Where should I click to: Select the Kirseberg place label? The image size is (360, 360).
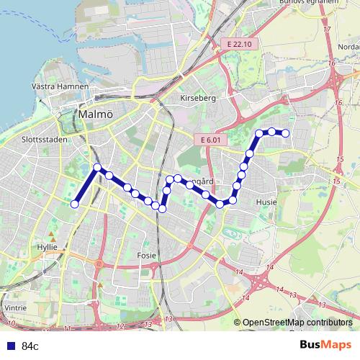pyautogui.click(x=199, y=96)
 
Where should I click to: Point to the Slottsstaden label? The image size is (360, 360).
pyautogui.click(x=45, y=140)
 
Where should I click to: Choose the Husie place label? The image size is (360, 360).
pyautogui.click(x=266, y=203)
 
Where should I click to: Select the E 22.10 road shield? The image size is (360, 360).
pyautogui.click(x=237, y=45)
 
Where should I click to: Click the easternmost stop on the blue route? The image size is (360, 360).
pyautogui.click(x=286, y=132)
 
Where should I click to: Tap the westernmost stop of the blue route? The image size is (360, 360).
pyautogui.click(x=74, y=204)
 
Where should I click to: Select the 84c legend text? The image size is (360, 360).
pyautogui.click(x=30, y=346)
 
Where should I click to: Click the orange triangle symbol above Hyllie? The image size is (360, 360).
pyautogui.click(x=51, y=235)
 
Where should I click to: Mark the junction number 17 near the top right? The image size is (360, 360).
pyautogui.click(x=328, y=29)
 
